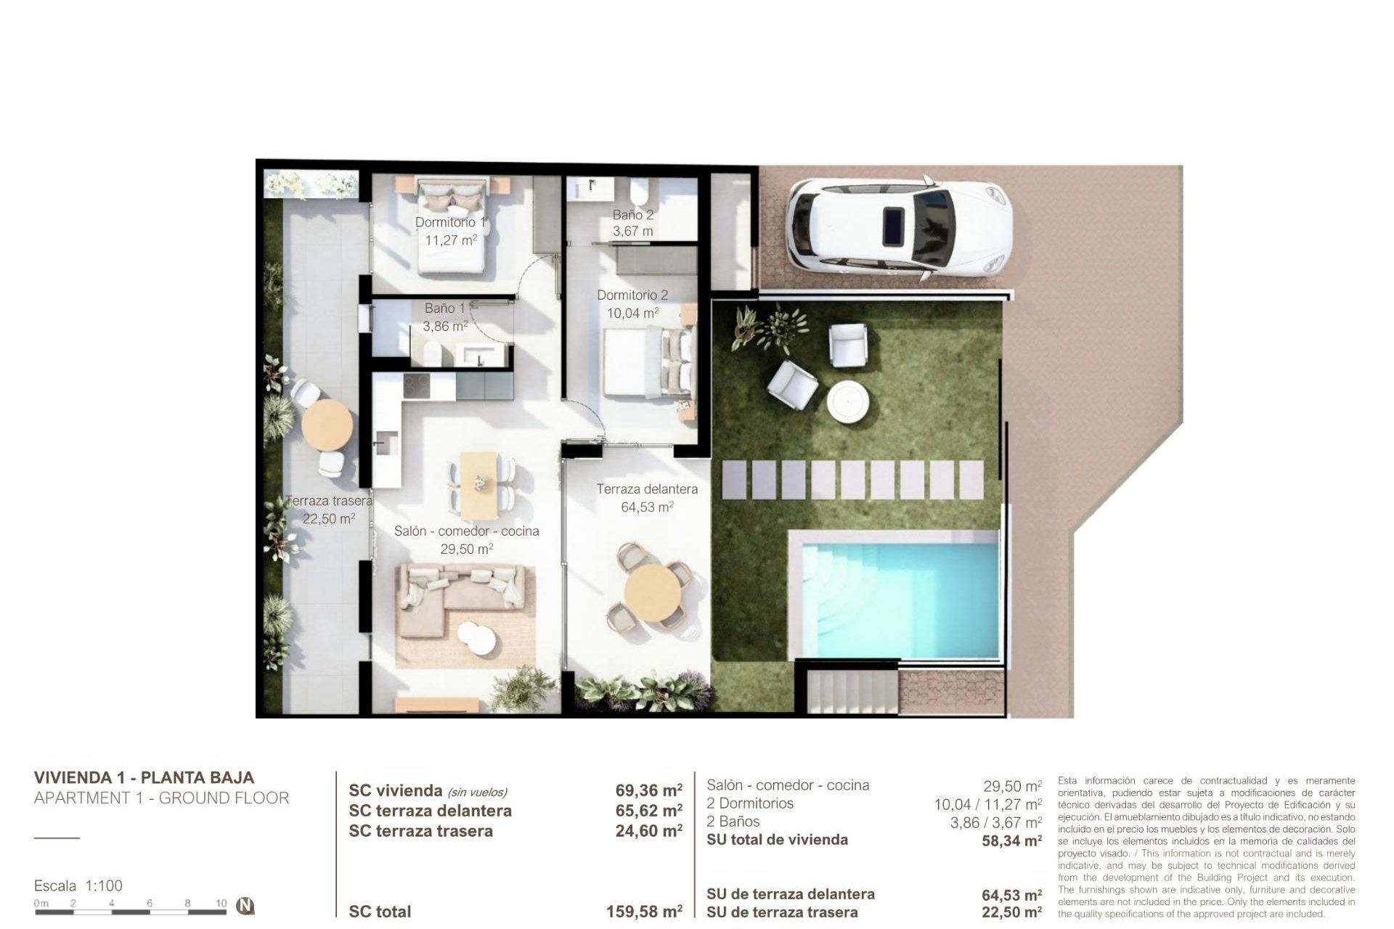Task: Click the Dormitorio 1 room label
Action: [x=450, y=222]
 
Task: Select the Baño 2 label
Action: [x=632, y=215]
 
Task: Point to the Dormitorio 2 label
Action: [x=632, y=295]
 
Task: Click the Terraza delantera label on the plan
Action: [x=647, y=489]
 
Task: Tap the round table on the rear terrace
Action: [x=327, y=425]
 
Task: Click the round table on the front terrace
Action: [x=652, y=593]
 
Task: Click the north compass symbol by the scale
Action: [x=247, y=906]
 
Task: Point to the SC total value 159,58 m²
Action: [x=644, y=912]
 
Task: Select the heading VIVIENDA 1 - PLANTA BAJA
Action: [x=144, y=777]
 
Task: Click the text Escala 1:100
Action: [x=78, y=885]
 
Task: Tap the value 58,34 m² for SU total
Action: [x=1011, y=840]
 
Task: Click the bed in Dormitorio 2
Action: [x=646, y=363]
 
